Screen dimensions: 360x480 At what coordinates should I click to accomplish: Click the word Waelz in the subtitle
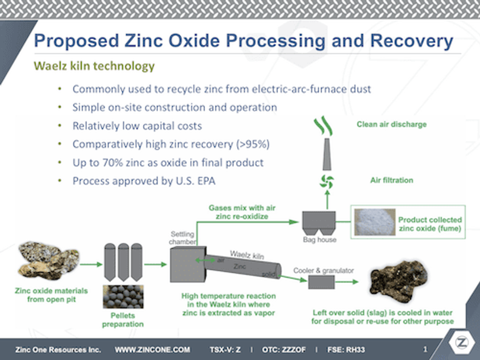48,66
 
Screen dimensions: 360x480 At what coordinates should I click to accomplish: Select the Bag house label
319,240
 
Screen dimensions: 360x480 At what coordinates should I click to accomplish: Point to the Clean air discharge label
391,124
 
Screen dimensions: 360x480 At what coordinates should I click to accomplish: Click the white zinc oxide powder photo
374,222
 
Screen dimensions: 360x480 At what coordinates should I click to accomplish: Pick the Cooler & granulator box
321,282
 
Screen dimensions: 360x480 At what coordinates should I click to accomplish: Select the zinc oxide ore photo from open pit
48,261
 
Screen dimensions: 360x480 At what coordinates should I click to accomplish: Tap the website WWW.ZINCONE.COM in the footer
152,350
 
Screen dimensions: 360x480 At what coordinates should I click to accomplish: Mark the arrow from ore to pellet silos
90,264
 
